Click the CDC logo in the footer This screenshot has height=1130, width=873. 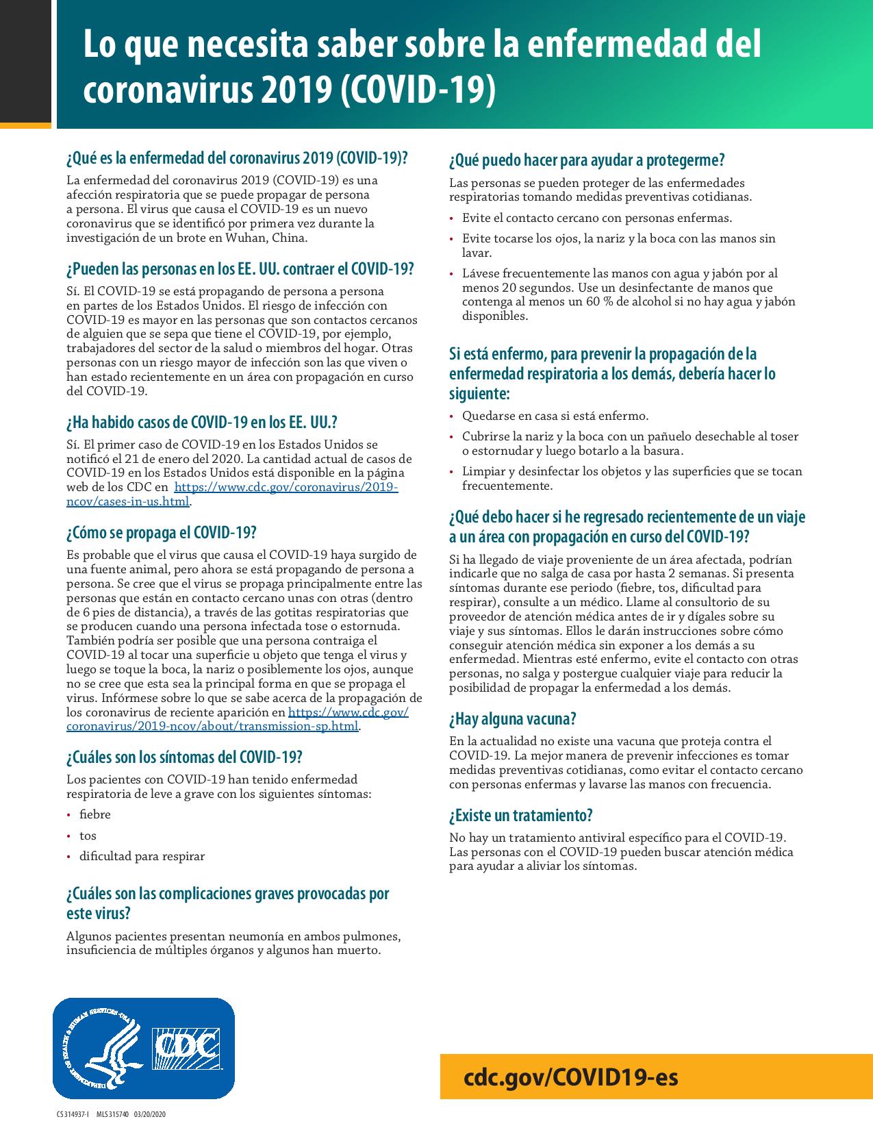click(185, 1049)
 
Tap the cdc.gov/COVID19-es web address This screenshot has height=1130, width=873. click(571, 1077)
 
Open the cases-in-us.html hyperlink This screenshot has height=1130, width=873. click(127, 501)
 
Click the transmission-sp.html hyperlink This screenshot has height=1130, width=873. click(212, 726)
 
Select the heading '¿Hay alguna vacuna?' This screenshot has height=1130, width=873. click(512, 718)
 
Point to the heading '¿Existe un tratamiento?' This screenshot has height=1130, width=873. click(520, 815)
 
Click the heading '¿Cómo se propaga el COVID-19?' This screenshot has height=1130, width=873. click(161, 532)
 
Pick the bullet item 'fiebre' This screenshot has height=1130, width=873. click(94, 814)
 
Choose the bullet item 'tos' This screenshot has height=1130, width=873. click(88, 836)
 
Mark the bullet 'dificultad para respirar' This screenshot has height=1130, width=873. click(142, 856)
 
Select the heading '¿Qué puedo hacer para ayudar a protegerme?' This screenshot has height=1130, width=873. click(587, 160)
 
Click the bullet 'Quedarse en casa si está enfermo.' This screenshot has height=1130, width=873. click(555, 416)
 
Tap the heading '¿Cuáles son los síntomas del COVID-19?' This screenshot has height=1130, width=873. click(184, 757)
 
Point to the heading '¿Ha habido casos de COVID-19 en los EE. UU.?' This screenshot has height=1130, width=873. click(202, 421)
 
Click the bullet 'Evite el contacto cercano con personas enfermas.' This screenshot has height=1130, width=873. click(596, 218)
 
